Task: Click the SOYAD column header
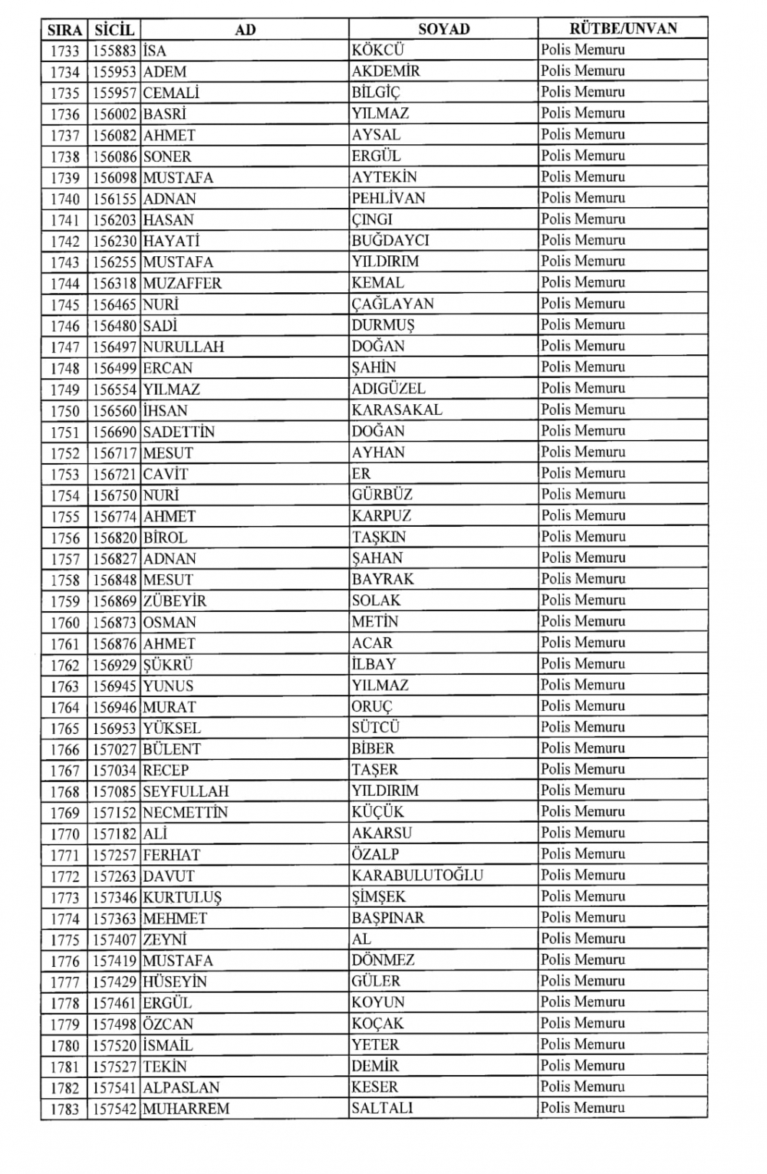(443, 29)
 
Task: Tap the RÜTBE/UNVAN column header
(623, 29)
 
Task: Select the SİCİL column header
(114, 30)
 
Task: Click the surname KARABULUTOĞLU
(417, 875)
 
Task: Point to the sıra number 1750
(65, 411)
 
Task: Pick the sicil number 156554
(114, 390)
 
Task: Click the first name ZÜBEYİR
(175, 601)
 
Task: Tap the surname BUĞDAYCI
(390, 241)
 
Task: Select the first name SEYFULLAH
(186, 791)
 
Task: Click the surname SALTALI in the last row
(382, 1108)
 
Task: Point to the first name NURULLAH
(183, 347)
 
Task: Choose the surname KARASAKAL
(397, 410)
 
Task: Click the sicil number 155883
(114, 51)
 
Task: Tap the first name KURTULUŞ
(183, 897)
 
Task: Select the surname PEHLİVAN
(388, 199)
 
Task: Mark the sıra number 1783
(65, 1109)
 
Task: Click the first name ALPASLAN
(181, 1087)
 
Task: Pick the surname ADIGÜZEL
(388, 389)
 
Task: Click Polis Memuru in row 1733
(583, 50)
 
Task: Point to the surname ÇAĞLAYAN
(393, 304)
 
